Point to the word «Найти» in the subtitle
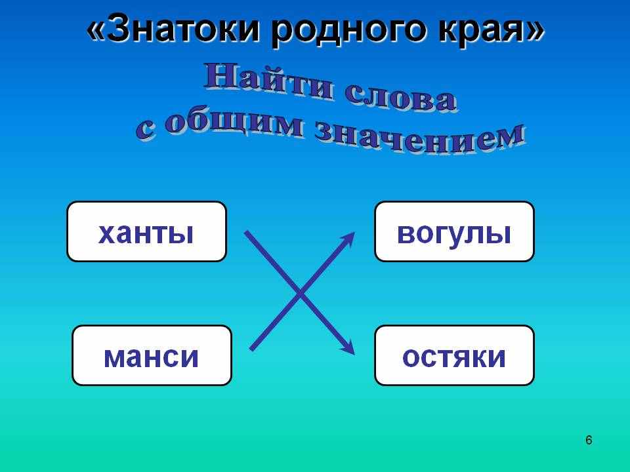268,81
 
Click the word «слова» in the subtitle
400,97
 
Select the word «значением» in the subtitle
420,137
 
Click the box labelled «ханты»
146,231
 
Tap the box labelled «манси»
152,355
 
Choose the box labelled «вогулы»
454,231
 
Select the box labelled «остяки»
454,355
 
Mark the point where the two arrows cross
300,294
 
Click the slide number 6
589,441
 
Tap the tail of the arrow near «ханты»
246,233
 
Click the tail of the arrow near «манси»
251,349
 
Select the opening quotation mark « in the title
95,31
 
